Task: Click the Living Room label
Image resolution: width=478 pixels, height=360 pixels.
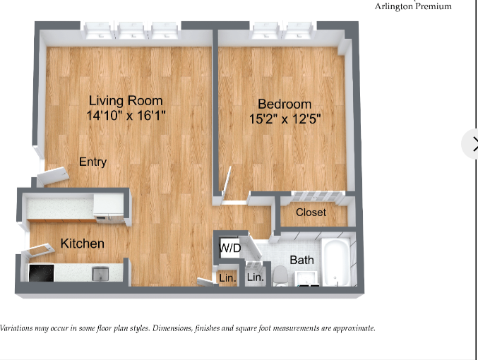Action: (126, 100)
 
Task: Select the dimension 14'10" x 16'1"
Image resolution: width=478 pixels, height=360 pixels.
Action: (126, 114)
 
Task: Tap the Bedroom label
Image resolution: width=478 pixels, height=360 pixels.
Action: (285, 104)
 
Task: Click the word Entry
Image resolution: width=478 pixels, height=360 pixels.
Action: (92, 162)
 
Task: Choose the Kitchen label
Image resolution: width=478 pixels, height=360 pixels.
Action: (83, 244)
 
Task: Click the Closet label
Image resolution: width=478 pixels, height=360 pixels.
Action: (311, 212)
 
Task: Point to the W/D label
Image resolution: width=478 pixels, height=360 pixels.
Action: (229, 248)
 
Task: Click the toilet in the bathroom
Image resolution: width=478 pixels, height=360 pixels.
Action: (280, 275)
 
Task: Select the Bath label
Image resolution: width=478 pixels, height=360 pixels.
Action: (301, 260)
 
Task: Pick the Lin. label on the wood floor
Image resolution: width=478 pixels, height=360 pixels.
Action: (227, 278)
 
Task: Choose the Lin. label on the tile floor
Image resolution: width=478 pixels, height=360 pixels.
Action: (255, 278)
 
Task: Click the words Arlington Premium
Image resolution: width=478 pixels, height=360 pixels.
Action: (413, 6)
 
